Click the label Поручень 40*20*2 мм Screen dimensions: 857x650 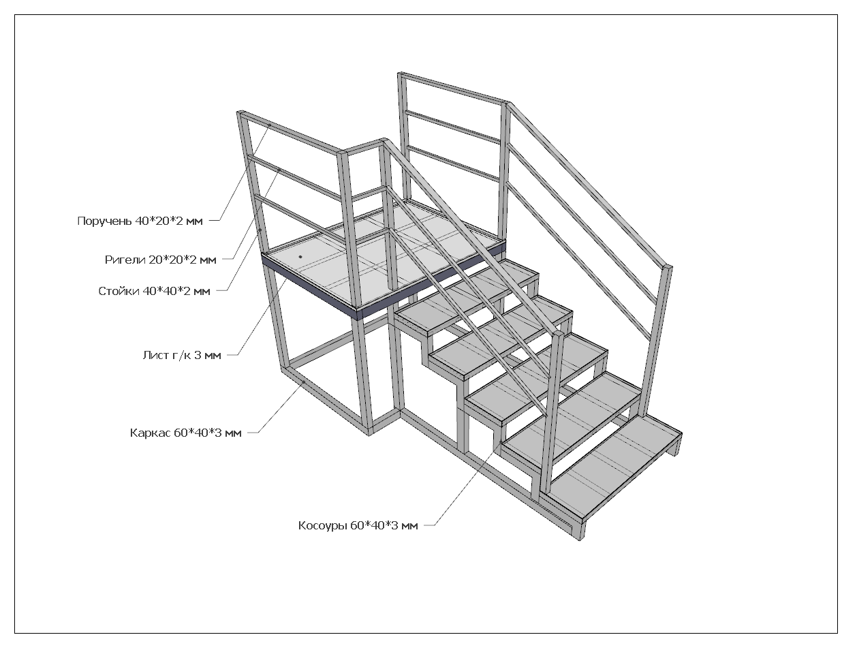coord(140,221)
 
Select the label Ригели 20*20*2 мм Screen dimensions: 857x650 coord(160,260)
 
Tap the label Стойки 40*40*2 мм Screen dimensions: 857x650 coord(154,292)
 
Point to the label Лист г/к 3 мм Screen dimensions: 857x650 coord(182,355)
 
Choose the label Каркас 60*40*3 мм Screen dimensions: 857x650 coord(185,433)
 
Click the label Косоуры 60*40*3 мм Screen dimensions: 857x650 coord(358,525)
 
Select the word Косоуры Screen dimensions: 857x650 coord(323,525)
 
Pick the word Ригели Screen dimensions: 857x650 coord(125,260)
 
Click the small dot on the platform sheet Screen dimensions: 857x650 coord(300,257)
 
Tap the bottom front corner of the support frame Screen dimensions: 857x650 coord(370,431)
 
